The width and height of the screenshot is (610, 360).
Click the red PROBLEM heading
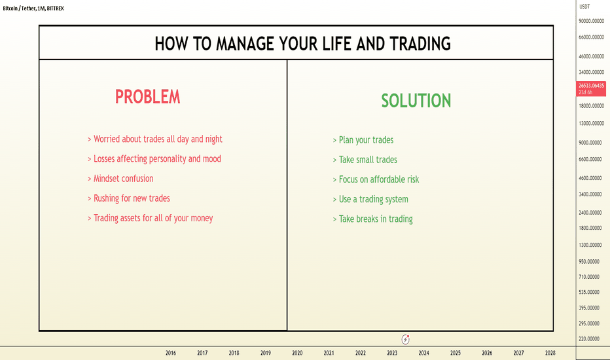(x=148, y=96)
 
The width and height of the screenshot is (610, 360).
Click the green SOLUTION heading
(x=416, y=100)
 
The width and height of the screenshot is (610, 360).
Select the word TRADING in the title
(x=420, y=43)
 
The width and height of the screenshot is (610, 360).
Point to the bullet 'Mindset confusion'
(x=120, y=179)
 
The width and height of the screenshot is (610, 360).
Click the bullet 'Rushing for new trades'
(x=129, y=198)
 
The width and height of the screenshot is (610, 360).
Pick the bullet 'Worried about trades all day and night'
(x=155, y=139)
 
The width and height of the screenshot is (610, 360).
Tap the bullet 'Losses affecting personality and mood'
(x=154, y=159)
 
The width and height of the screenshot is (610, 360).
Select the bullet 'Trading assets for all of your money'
(x=150, y=219)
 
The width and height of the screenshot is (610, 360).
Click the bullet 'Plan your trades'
(x=363, y=140)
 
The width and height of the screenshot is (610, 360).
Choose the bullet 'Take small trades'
(x=365, y=160)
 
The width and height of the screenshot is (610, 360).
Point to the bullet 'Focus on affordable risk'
(x=376, y=179)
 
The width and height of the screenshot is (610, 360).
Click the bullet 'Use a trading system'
(x=370, y=199)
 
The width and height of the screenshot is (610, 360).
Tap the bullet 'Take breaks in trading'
(x=373, y=219)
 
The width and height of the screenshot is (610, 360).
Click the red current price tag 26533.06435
(x=591, y=89)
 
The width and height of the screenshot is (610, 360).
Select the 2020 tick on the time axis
(x=297, y=353)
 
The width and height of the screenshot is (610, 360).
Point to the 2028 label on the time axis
(x=550, y=353)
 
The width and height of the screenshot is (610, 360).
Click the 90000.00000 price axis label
(x=591, y=21)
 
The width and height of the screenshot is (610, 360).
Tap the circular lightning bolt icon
(x=405, y=339)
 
